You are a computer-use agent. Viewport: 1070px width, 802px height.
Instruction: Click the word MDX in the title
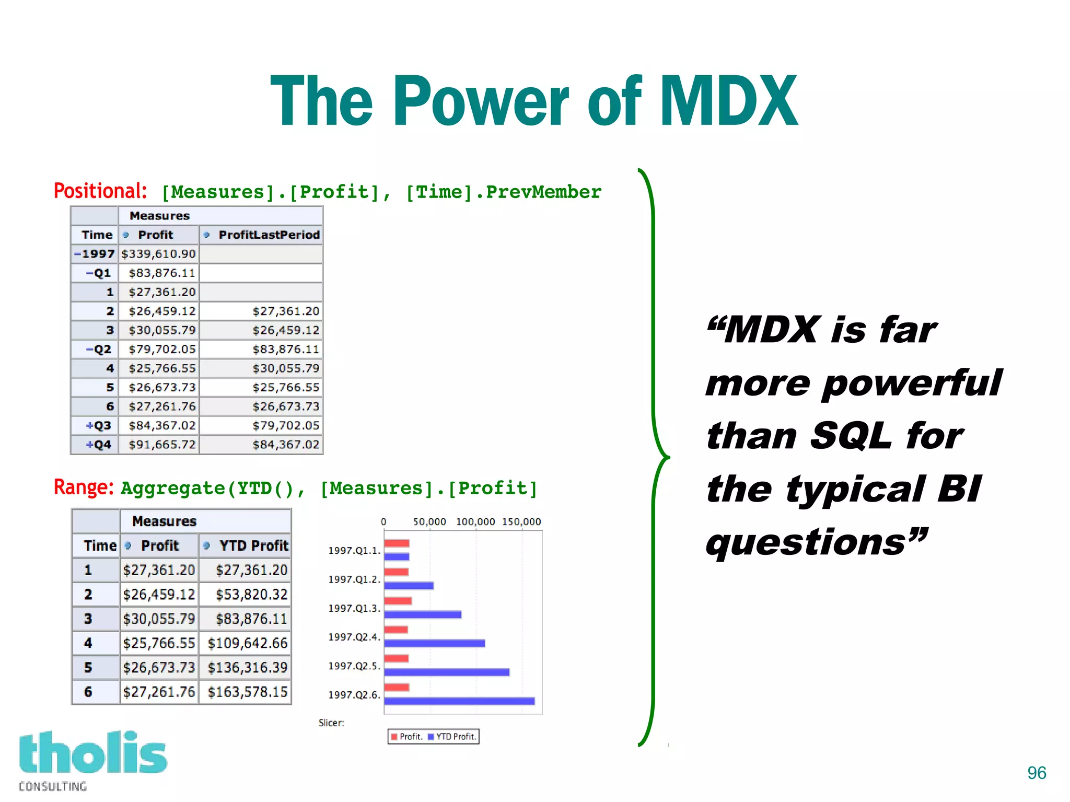click(x=729, y=101)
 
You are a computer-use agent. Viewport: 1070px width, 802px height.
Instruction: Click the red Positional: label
click(x=100, y=191)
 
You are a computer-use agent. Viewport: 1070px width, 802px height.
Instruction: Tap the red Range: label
click(x=84, y=487)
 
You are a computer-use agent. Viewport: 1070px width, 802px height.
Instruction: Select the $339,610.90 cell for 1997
click(x=158, y=254)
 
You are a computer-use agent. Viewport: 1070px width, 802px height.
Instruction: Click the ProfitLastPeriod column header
click(x=269, y=235)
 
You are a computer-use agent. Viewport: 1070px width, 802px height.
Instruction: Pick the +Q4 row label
click(x=99, y=445)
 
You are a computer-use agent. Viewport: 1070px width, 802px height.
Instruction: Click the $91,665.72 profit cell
click(x=162, y=445)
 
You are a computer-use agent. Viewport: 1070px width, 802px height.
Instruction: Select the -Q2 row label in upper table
click(x=99, y=349)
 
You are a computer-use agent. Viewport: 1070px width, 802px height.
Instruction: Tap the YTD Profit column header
click(x=253, y=545)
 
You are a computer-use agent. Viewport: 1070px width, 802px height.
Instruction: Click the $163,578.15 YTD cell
click(x=248, y=692)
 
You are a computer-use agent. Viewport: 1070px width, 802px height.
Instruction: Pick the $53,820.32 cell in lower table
click(x=251, y=594)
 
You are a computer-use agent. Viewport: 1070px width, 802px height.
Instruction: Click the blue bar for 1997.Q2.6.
click(x=459, y=701)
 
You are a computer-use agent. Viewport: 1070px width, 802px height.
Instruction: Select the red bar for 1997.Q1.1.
click(x=397, y=543)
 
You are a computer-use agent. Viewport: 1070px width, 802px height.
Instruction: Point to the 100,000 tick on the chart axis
click(x=475, y=521)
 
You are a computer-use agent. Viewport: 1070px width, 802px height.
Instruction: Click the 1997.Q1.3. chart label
click(x=354, y=608)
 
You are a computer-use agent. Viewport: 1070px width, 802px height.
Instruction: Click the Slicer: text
click(x=331, y=723)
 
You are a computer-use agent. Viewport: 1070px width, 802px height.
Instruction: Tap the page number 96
click(x=1037, y=773)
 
